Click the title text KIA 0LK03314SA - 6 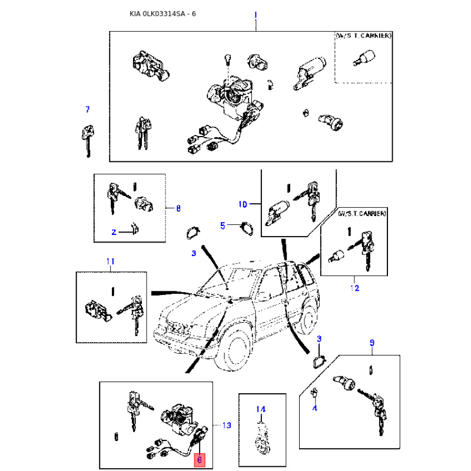pos(162,14)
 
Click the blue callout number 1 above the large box pos(256,15)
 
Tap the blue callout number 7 pos(87,110)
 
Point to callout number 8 pos(178,208)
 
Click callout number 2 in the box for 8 pos(114,232)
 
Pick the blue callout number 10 pos(243,204)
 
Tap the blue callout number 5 pos(223,225)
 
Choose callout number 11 pos(110,261)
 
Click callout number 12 pos(354,288)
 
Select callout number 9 pos(372,343)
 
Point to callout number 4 pos(314,408)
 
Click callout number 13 pos(227,425)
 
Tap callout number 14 pos(261,409)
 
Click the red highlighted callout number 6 pos(200,460)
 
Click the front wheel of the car pos(237,349)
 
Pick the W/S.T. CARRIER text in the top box pos(363,35)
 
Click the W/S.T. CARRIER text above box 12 pos(362,213)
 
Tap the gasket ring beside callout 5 pos(247,228)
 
